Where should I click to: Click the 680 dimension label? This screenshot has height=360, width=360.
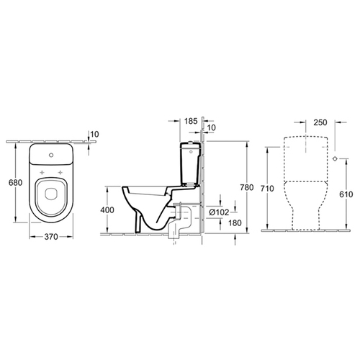coord(15,183)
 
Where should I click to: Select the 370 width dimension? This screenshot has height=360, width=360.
coord(51,237)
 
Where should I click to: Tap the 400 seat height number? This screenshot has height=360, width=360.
coord(107,210)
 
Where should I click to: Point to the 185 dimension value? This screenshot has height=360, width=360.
coord(191,121)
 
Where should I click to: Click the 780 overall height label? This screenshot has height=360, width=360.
coord(247,187)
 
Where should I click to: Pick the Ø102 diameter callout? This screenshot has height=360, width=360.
coord(219,212)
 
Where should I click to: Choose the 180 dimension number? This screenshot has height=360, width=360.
coord(235,223)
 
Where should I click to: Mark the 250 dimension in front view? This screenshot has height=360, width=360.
coord(320,122)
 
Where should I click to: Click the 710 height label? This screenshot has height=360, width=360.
coord(267,189)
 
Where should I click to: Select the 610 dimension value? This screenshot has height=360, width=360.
coord(346,194)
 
